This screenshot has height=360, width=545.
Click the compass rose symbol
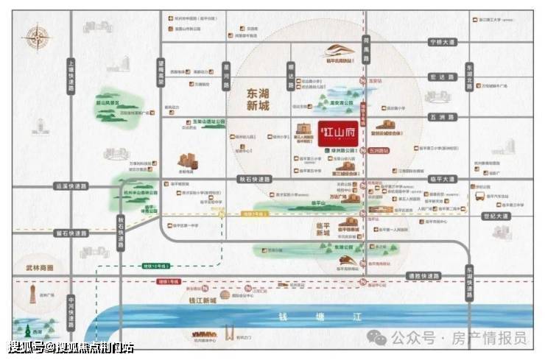(34, 38)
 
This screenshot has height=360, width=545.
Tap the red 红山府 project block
(334, 133)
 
